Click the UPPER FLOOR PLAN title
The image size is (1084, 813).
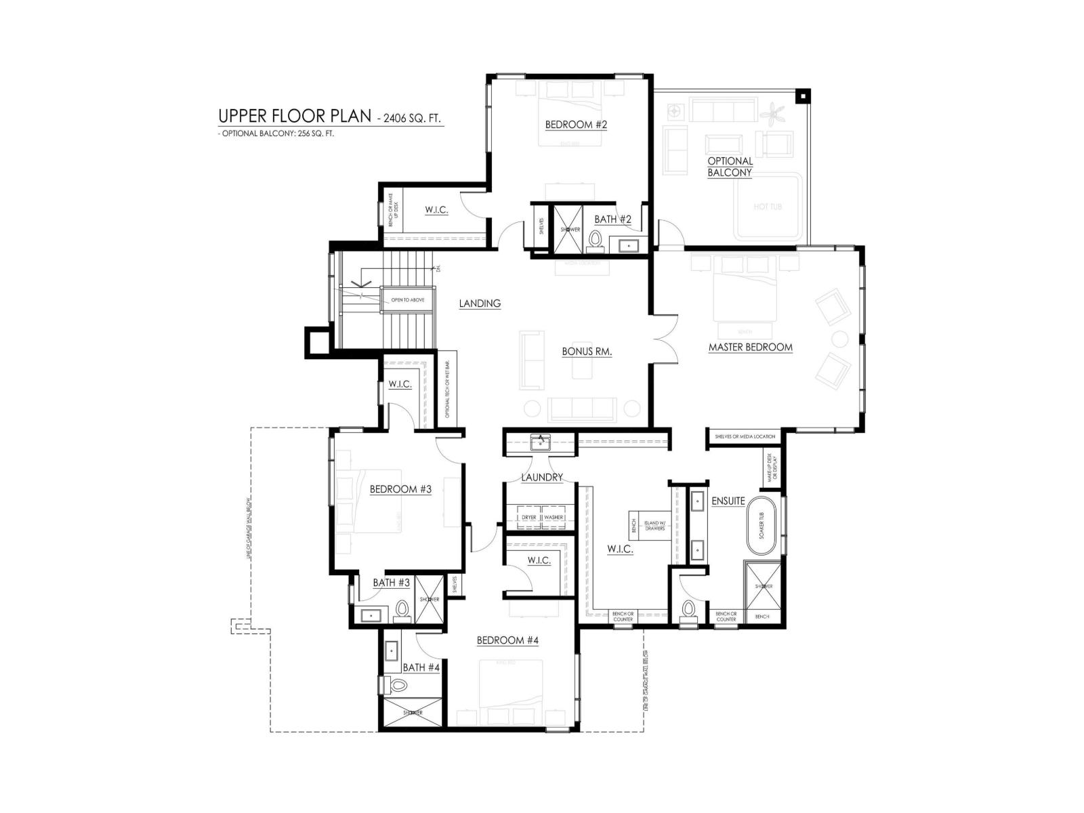click(294, 116)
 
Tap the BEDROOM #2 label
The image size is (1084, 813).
click(576, 125)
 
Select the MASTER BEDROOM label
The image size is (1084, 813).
click(750, 347)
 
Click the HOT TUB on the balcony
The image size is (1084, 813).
click(768, 207)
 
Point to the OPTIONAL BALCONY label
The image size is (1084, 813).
click(730, 167)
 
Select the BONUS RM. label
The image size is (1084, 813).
click(587, 352)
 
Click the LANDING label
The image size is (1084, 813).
click(480, 304)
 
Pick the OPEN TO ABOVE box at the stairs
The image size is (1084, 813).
click(407, 299)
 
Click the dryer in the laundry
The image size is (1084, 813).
click(528, 517)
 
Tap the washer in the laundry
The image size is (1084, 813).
click(554, 517)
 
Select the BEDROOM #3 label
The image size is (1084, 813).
click(400, 489)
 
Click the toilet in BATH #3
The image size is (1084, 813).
click(402, 610)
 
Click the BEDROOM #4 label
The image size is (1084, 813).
click(507, 640)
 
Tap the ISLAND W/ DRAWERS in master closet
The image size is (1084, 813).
click(654, 525)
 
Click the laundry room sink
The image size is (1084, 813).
click(540, 443)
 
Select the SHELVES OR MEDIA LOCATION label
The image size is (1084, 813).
click(745, 437)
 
